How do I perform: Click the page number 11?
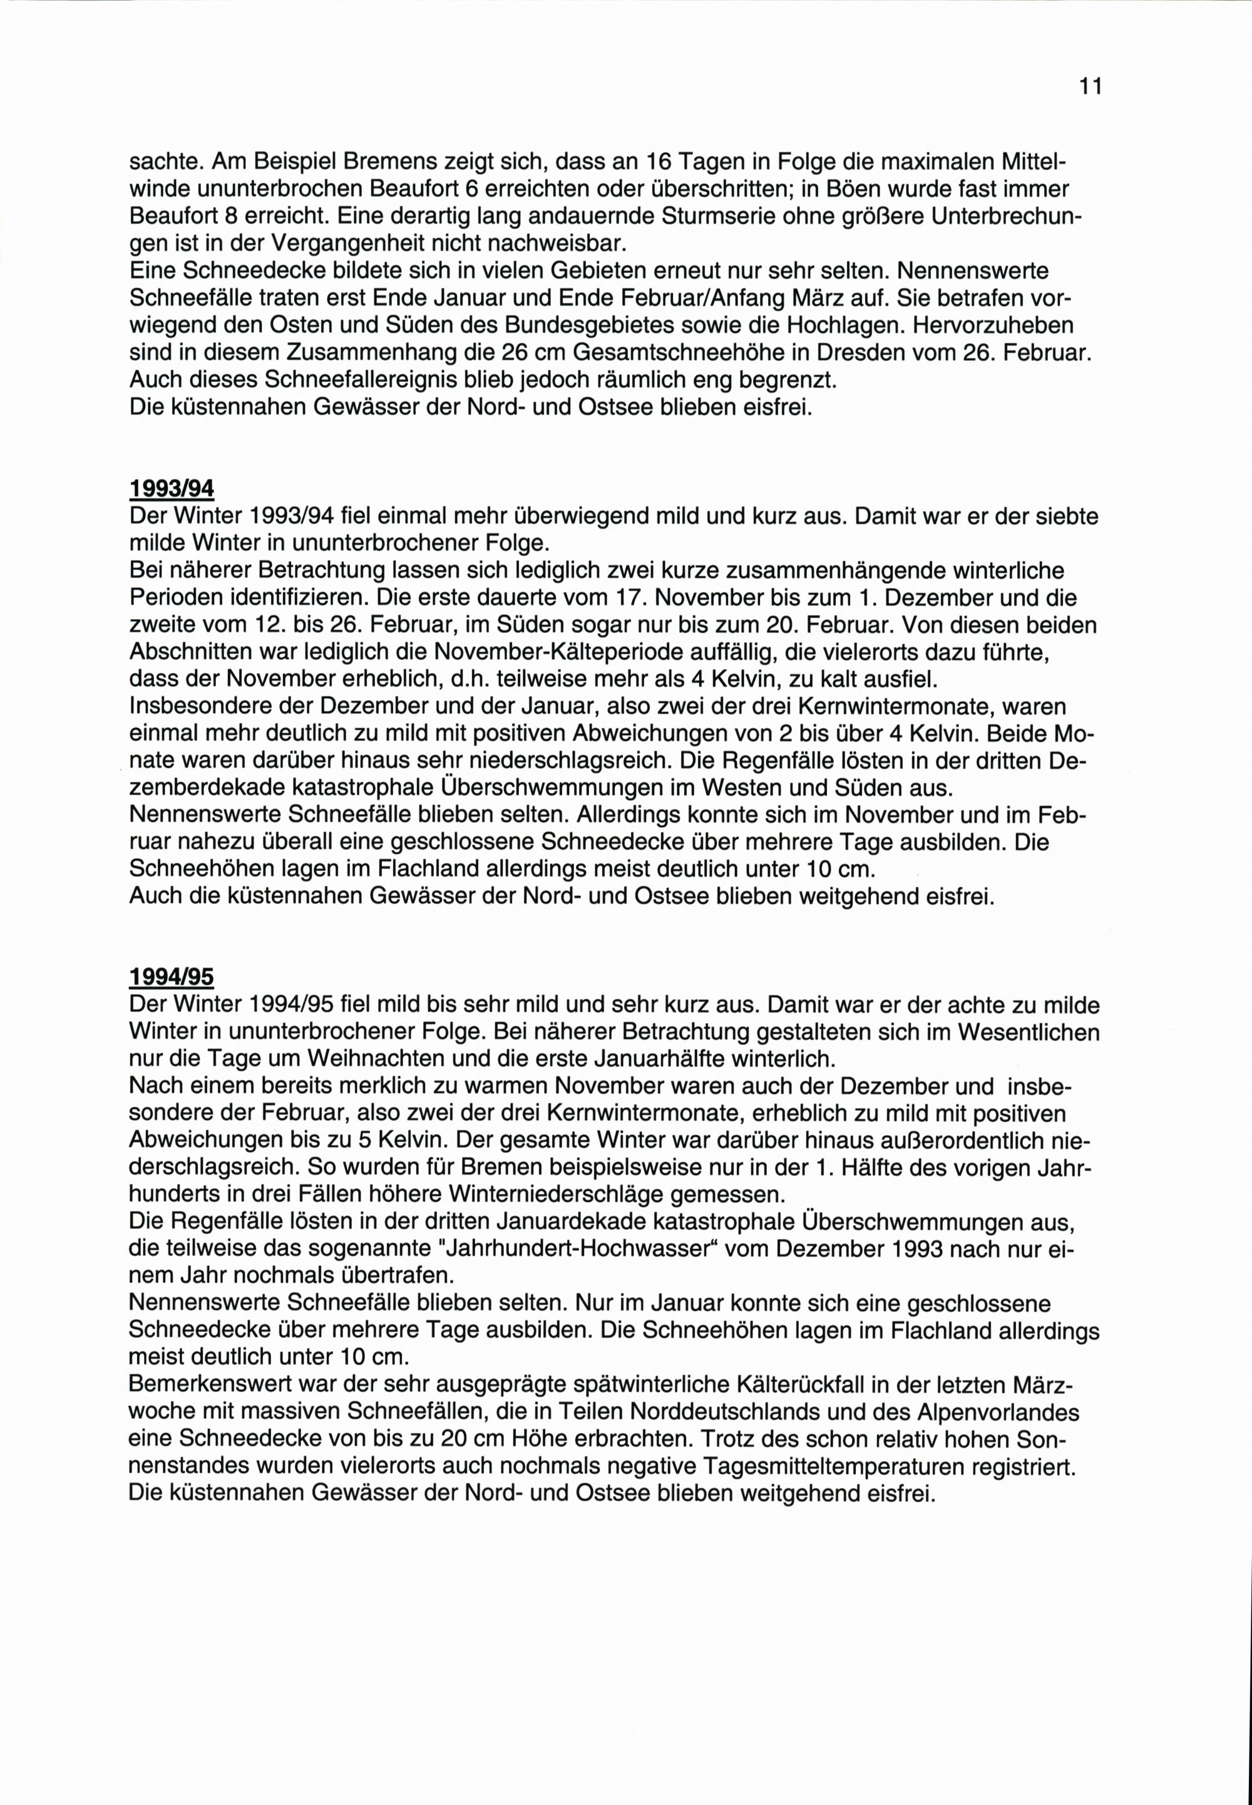coord(1090,86)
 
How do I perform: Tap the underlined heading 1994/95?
coord(171,977)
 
